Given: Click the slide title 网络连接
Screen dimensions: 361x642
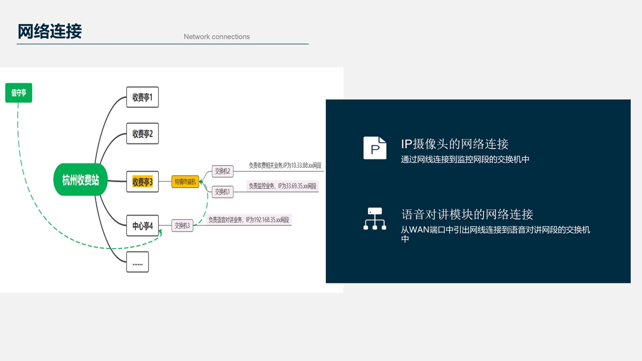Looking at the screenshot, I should [50, 32].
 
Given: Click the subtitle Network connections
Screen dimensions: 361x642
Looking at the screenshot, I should [217, 37].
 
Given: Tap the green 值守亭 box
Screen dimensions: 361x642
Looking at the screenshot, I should [19, 93].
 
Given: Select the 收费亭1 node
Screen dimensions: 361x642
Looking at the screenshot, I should [142, 97].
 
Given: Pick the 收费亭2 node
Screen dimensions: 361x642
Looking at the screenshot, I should [142, 134].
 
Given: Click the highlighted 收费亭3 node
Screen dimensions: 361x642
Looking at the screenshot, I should [142, 182].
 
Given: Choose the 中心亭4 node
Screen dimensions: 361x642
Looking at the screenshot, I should [142, 226].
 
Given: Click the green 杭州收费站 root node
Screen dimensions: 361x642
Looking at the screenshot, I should [80, 180].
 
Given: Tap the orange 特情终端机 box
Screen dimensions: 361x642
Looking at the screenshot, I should [185, 182].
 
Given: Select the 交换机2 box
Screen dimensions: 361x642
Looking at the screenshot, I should [222, 171].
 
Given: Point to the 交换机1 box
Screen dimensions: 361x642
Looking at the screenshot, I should [222, 191].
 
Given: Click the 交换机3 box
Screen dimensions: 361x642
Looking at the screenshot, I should [182, 226].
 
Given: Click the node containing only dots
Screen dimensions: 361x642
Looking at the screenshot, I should [137, 263].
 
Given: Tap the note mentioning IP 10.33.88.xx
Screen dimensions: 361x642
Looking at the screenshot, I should [285, 166].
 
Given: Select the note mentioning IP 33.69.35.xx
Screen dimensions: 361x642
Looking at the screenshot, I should [282, 186].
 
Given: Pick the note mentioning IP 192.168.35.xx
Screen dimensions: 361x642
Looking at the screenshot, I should [249, 220].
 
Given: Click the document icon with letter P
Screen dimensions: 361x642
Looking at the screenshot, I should [374, 148].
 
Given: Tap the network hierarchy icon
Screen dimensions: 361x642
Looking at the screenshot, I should [374, 219].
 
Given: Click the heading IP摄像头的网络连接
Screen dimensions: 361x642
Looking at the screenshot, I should [455, 144].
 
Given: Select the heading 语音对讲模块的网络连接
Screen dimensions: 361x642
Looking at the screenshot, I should [467, 214].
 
